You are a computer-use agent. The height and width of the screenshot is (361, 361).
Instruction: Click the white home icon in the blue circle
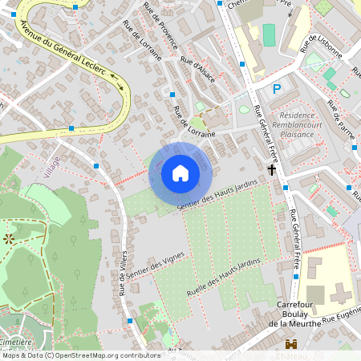(180, 173)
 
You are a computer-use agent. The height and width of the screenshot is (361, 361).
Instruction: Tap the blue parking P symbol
(277, 89)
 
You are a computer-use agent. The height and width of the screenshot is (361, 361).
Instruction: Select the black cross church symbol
(272, 169)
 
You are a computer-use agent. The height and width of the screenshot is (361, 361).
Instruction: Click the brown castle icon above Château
(290, 343)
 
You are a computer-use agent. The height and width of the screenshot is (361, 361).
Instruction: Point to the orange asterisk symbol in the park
(9, 238)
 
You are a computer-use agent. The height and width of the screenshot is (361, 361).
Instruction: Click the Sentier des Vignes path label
(157, 266)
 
